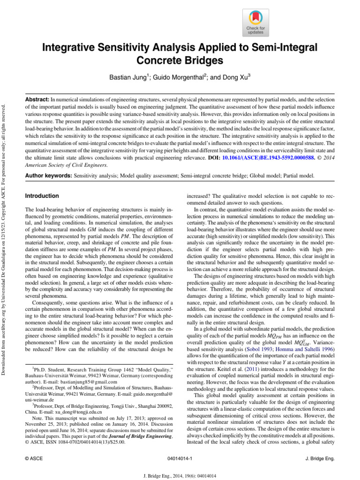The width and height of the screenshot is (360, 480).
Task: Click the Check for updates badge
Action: click(255, 23)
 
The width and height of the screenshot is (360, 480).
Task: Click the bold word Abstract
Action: click(37, 100)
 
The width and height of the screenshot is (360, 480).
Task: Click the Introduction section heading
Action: click(42, 195)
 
